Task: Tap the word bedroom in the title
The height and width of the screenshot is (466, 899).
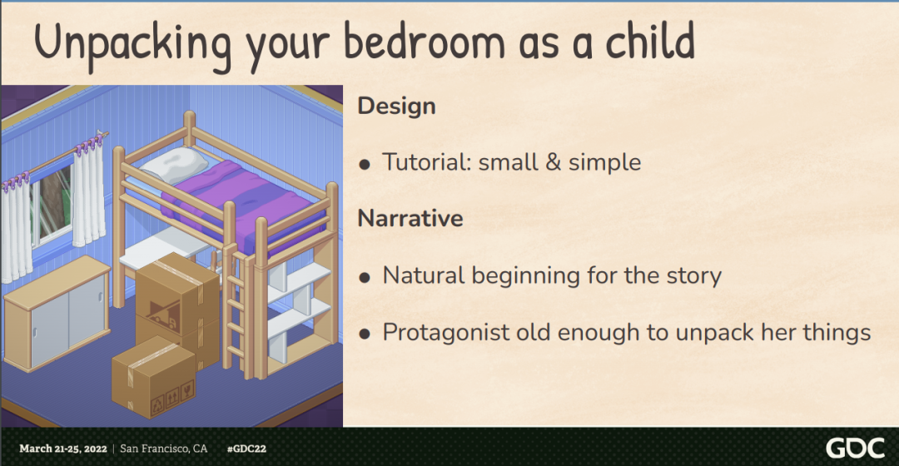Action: [x=425, y=41]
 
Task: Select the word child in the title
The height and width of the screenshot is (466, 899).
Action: [x=651, y=41]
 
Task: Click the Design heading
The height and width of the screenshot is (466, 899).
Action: [x=397, y=106]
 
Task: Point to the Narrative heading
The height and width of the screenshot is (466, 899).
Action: [x=410, y=218]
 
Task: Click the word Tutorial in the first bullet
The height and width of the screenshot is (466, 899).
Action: [x=426, y=162]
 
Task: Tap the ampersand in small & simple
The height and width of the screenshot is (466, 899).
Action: [x=554, y=162]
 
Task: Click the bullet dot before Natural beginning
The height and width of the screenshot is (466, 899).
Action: [x=365, y=278]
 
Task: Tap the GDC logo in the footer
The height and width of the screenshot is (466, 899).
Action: [x=855, y=448]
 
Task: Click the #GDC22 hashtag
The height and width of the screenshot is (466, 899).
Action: [x=246, y=449]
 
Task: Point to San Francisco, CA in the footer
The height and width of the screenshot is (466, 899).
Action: [x=163, y=449]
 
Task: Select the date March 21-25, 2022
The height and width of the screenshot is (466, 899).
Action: [x=63, y=449]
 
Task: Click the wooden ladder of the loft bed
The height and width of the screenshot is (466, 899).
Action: [x=236, y=311]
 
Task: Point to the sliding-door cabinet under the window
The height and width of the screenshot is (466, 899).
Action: [x=57, y=312]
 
